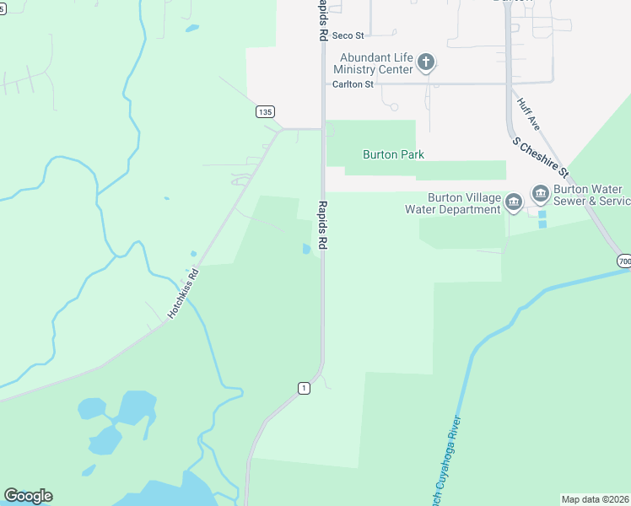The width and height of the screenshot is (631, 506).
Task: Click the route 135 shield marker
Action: tap(265, 111)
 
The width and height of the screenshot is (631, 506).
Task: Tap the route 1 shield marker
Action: tap(304, 387)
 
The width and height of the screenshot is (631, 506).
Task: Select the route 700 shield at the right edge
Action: tap(623, 261)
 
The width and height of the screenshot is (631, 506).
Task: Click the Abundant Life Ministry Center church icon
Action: tap(427, 62)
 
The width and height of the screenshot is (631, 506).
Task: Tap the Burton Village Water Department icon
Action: tap(514, 201)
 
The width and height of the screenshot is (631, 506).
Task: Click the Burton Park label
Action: tap(393, 154)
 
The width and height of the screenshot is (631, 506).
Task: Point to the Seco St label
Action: tap(348, 35)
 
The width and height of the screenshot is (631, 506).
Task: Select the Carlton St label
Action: tap(353, 84)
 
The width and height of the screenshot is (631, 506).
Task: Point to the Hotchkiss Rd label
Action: tap(182, 293)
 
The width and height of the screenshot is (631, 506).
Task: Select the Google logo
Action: tap(28, 496)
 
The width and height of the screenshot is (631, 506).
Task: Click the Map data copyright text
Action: tap(595, 498)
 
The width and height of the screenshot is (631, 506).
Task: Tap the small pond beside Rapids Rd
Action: tap(305, 249)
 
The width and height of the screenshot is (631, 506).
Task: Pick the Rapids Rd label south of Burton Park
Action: tap(322, 226)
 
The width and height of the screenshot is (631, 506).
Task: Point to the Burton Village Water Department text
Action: tap(453, 203)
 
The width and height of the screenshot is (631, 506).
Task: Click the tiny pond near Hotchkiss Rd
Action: tap(193, 253)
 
